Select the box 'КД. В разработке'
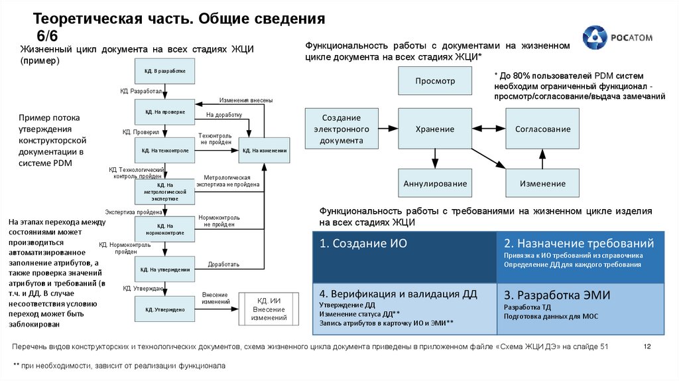coord(164,71)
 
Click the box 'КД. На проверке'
coord(164,112)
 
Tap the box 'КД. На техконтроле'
coord(164,151)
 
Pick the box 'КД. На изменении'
coord(265,151)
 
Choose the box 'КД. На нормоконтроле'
coord(164,230)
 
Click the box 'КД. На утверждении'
coord(164,269)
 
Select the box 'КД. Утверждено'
coord(164,309)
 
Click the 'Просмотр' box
coord(435,81)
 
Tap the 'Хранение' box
coord(435,129)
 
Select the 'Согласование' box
coord(542,129)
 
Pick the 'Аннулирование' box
coord(435,183)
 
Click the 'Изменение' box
coord(542,183)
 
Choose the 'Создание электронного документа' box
coord(341,129)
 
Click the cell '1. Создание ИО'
coord(404,257)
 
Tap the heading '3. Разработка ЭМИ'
coord(556,295)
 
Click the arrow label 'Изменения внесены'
coord(246,100)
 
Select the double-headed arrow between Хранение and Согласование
coord(489,129)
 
